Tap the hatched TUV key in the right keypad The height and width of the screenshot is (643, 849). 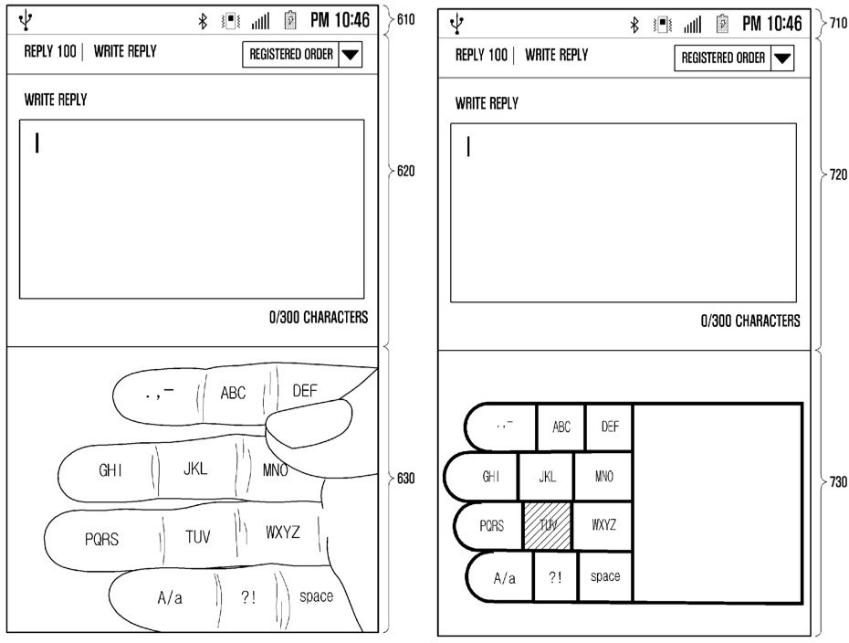(x=548, y=525)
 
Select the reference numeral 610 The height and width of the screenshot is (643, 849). (x=405, y=19)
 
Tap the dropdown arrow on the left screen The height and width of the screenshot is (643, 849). (x=351, y=55)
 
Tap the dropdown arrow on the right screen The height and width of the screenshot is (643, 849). (x=782, y=59)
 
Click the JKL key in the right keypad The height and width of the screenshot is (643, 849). (x=546, y=477)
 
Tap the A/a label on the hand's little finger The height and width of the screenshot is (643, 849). (x=170, y=598)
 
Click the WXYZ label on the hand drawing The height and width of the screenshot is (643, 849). (x=282, y=532)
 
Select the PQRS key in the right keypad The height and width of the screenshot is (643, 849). (x=492, y=525)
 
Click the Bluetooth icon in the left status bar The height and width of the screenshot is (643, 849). (x=204, y=20)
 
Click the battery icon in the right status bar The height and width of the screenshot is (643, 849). (x=721, y=23)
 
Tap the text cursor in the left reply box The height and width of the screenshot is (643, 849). (x=37, y=143)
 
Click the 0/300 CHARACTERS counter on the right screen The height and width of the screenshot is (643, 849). (x=750, y=321)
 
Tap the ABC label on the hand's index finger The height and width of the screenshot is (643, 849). (x=233, y=394)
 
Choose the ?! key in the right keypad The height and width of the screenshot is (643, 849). (x=555, y=577)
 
